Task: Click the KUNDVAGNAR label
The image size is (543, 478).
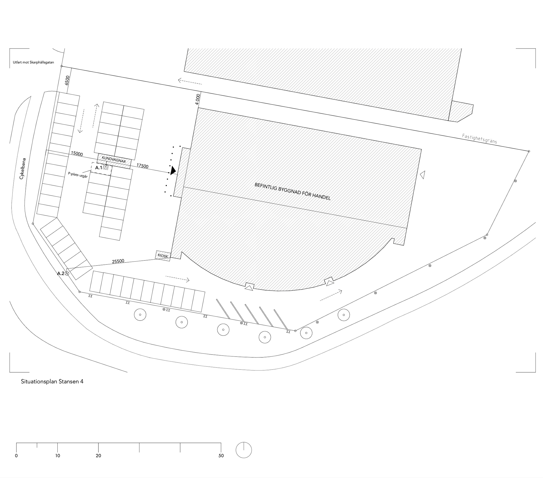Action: tap(114, 160)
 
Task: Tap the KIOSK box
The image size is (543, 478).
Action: tap(163, 256)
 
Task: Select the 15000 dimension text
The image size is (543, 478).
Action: tap(77, 154)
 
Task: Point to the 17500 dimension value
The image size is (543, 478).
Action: tap(143, 166)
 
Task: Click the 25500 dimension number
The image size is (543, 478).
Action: tap(118, 261)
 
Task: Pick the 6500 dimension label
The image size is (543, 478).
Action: tap(67, 80)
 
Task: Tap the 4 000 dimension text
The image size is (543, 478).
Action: tap(198, 99)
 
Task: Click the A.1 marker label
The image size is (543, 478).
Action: tap(98, 168)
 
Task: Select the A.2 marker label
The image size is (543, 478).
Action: tap(61, 273)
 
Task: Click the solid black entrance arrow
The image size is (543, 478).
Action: tap(173, 170)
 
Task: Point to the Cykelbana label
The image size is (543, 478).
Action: tap(23, 169)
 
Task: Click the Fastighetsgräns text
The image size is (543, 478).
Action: tap(479, 139)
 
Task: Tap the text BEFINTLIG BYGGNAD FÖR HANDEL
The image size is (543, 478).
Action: tap(292, 192)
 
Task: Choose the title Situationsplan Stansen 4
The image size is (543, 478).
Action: tap(52, 382)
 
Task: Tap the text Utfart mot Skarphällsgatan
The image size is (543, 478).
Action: tap(33, 62)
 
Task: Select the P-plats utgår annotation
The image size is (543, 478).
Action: tap(78, 175)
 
